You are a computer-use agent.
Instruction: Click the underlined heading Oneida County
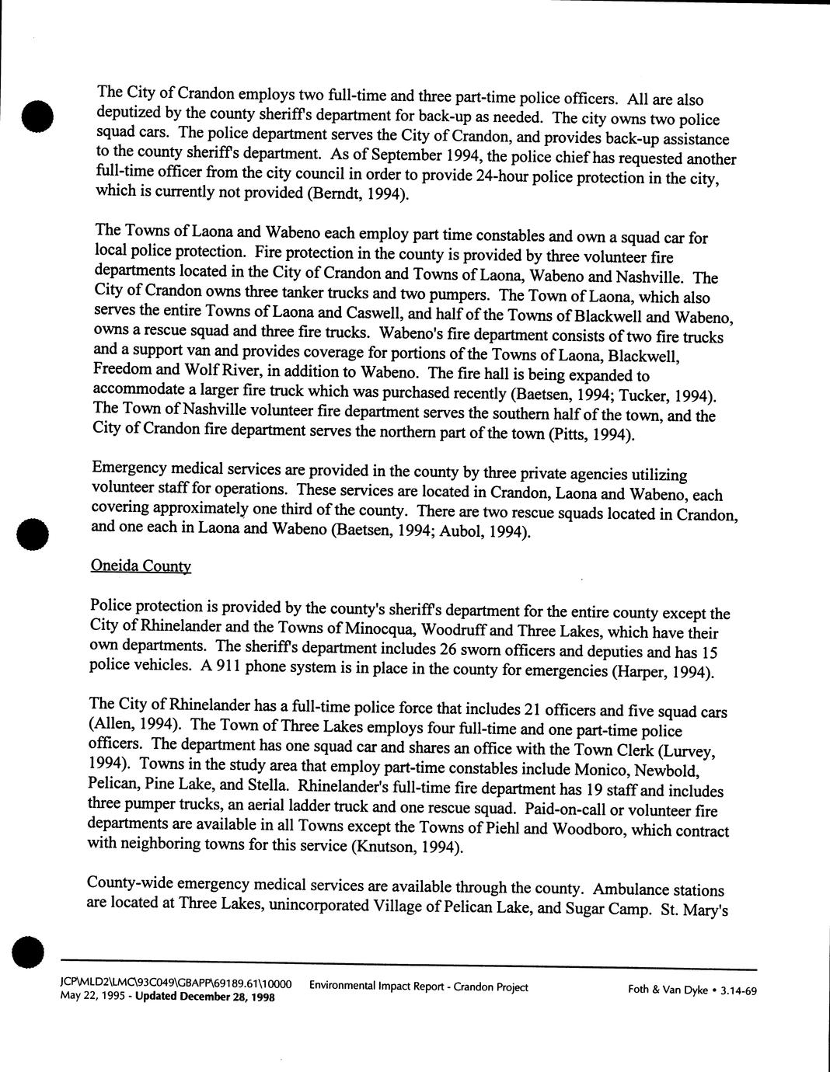point(141,566)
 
